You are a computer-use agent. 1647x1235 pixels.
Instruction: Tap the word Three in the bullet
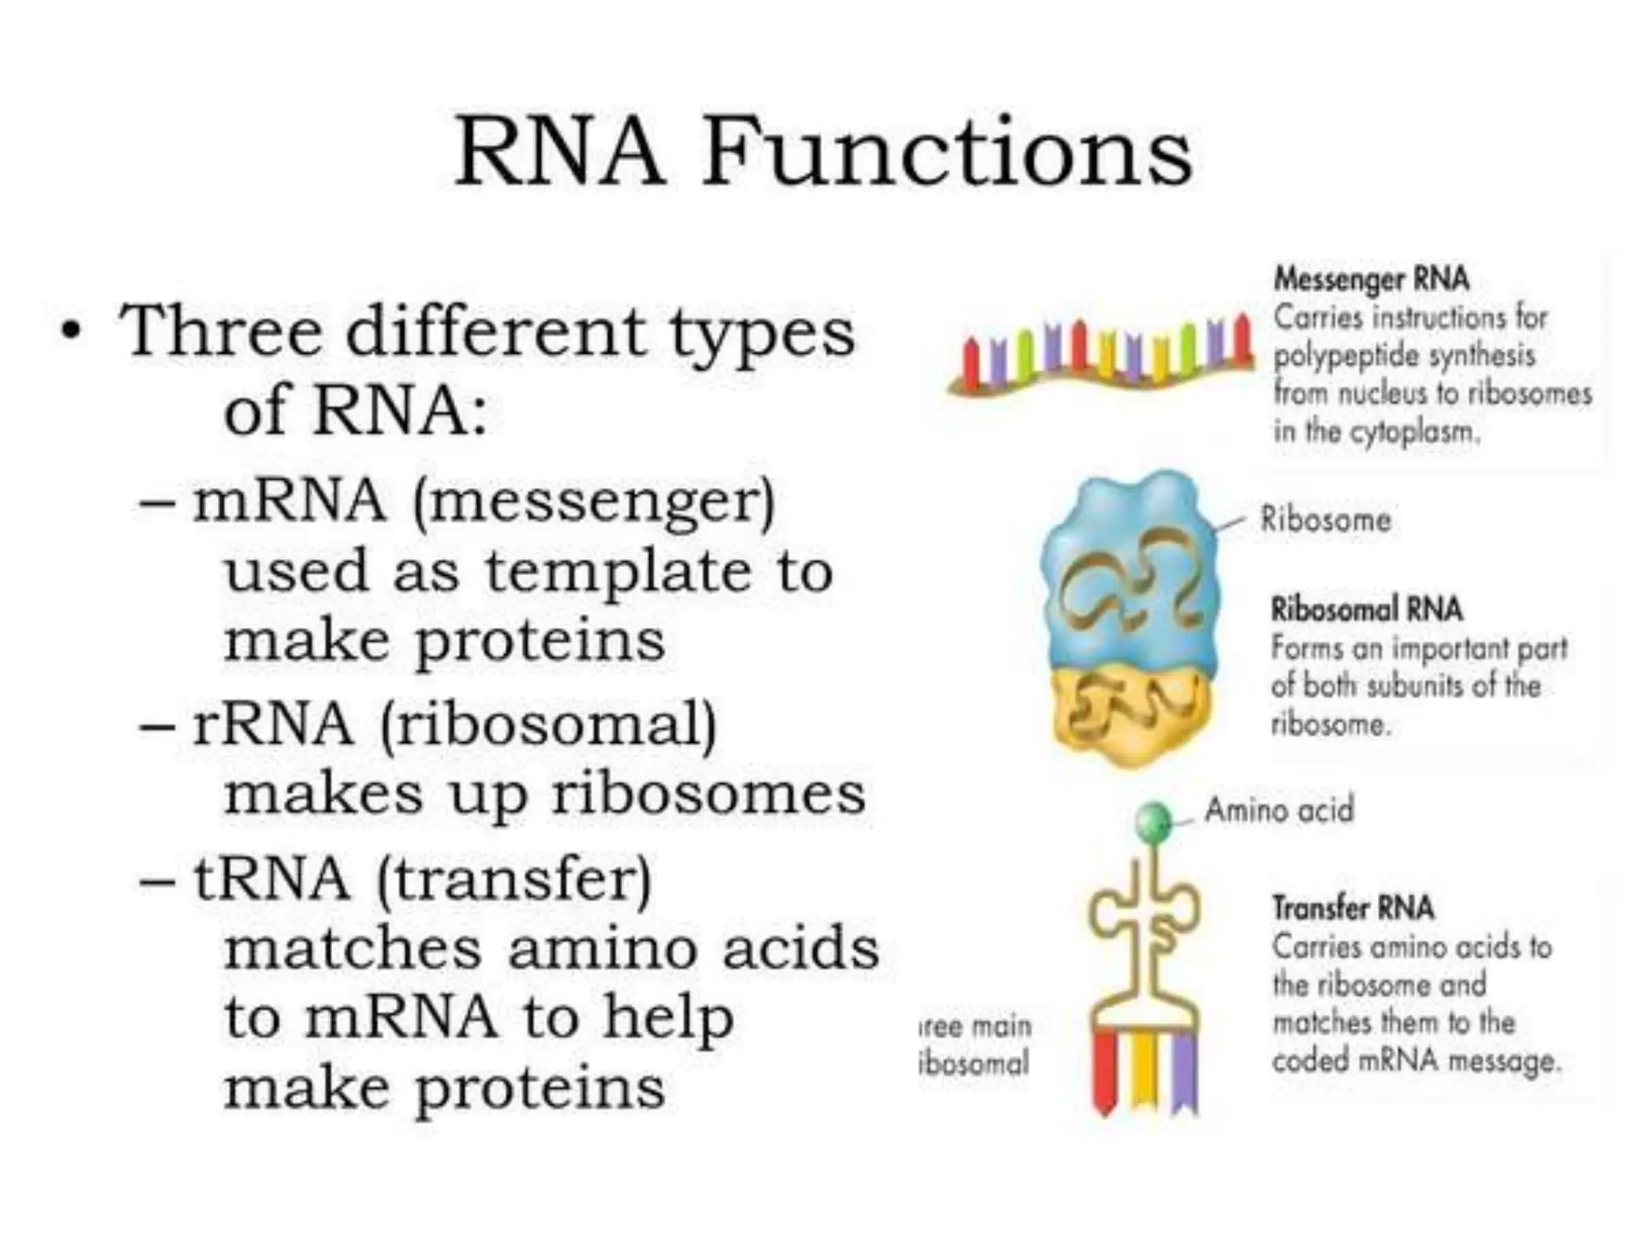(x=220, y=331)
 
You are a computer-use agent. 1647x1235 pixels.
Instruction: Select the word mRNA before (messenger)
(x=289, y=502)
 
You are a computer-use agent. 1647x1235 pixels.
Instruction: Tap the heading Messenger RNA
(x=1371, y=280)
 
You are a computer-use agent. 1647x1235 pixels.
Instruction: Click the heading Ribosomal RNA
(x=1366, y=609)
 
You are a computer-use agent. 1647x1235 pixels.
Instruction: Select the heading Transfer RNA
(x=1353, y=909)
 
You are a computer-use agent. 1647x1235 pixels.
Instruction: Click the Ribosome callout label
(x=1325, y=519)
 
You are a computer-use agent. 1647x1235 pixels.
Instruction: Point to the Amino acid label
(x=1279, y=810)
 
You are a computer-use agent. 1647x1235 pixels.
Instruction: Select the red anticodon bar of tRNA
(x=1105, y=1069)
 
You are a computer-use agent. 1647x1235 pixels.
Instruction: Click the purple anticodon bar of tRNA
(x=1184, y=1069)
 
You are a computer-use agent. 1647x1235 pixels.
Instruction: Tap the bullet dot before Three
(x=72, y=331)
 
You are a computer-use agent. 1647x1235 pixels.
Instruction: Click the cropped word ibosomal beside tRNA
(x=974, y=1064)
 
